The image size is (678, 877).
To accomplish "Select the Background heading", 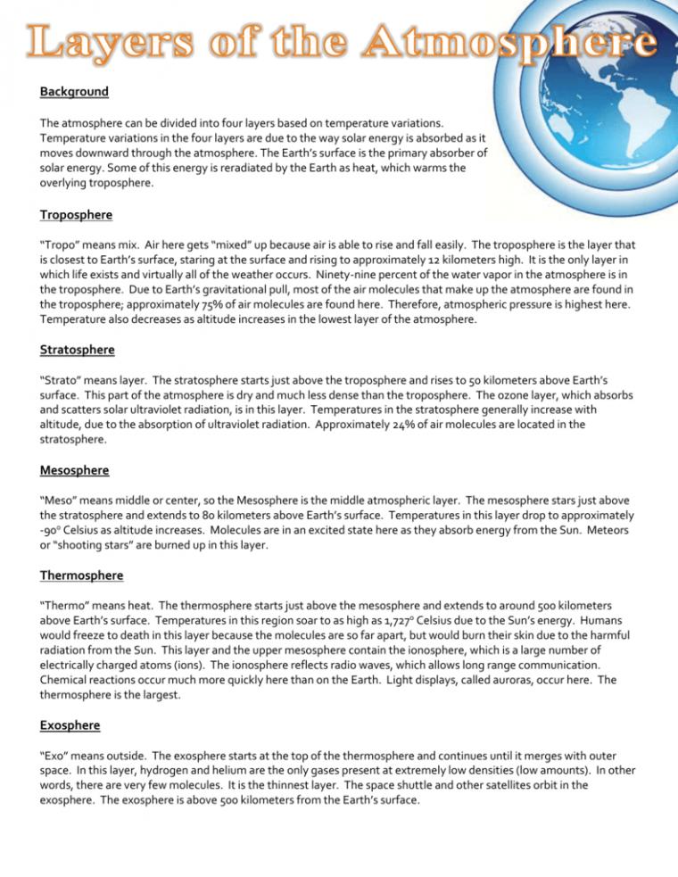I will (74, 92).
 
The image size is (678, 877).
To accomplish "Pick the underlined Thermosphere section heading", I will (82, 575).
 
